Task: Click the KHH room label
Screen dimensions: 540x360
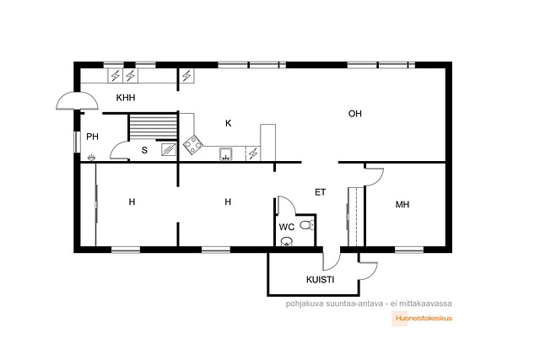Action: click(126, 98)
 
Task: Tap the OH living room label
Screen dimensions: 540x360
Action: click(355, 114)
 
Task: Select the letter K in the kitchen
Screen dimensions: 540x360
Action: click(229, 123)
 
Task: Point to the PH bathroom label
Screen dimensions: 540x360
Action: click(92, 137)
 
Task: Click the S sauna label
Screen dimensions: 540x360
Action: click(144, 150)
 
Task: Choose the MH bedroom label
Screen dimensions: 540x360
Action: click(402, 204)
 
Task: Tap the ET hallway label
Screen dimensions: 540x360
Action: click(321, 192)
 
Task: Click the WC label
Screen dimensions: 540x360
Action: click(287, 227)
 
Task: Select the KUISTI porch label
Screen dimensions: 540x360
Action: click(321, 280)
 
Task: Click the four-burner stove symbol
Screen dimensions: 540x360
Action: click(192, 145)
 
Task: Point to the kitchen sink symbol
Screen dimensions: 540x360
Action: click(225, 153)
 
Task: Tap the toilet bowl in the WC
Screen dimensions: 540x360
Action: click(307, 225)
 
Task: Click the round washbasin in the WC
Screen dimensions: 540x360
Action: click(287, 241)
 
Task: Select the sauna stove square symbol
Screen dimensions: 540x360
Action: click(169, 150)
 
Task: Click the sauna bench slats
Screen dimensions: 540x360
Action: click(153, 127)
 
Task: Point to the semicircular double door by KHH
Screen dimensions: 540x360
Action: click(77, 101)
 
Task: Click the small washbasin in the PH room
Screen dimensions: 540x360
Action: click(91, 158)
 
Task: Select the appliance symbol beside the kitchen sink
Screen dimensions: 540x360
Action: click(253, 153)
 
